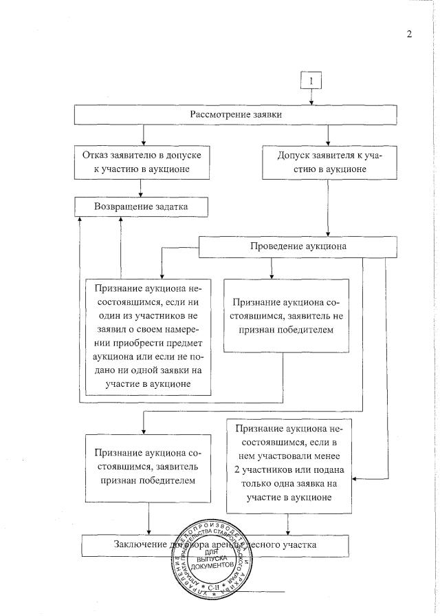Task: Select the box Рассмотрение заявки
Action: click(x=236, y=114)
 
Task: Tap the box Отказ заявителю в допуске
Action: click(x=142, y=162)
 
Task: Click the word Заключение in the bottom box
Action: click(x=141, y=545)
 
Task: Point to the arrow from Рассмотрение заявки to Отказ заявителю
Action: click(x=142, y=134)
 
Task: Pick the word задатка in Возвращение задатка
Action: click(x=168, y=206)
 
